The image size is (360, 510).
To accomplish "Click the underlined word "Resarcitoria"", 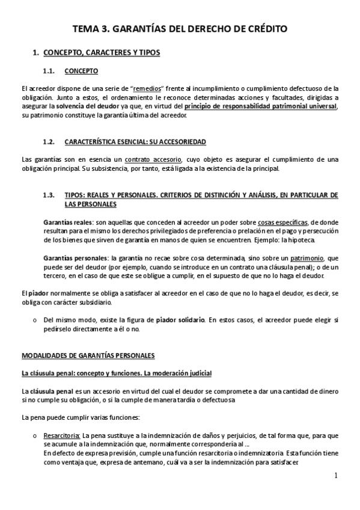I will click(x=61, y=435).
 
